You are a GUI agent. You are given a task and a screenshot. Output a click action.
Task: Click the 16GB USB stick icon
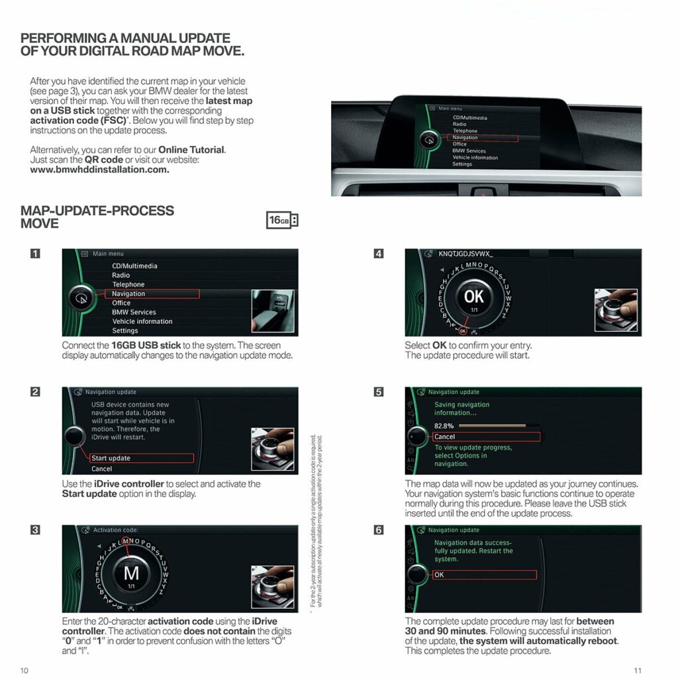click(282, 220)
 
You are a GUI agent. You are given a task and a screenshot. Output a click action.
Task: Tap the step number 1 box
click(35, 254)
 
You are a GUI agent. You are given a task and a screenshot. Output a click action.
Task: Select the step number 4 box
click(378, 254)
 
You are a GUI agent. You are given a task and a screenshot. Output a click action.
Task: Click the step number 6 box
click(378, 530)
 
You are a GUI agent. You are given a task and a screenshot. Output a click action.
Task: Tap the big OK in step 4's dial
click(474, 296)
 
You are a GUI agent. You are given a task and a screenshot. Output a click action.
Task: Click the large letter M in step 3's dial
click(131, 573)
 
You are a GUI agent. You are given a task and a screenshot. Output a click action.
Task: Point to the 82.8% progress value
click(444, 426)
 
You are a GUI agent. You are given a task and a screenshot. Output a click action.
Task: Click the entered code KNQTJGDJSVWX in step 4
click(465, 254)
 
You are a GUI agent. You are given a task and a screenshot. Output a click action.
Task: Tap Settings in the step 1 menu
click(125, 330)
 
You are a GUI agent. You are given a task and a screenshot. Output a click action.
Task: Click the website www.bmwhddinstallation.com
click(99, 169)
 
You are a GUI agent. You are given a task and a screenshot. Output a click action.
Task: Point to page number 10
click(24, 670)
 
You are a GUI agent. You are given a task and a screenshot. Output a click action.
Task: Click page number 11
click(637, 670)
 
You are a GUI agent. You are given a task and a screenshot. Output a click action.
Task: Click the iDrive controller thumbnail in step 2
click(273, 449)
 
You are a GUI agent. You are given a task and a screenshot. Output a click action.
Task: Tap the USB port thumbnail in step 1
click(273, 311)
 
